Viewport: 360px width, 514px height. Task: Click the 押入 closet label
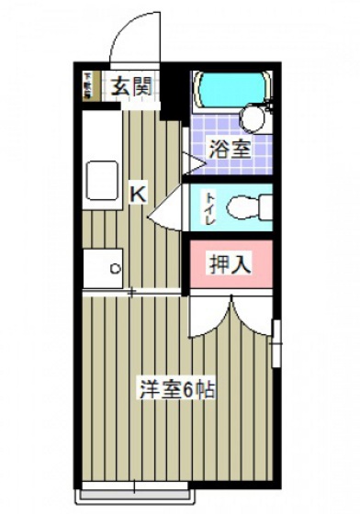[230, 265]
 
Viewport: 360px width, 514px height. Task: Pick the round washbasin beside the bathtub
[250, 117]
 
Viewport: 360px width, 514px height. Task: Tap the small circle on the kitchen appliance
[116, 269]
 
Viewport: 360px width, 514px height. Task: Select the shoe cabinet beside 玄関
[89, 85]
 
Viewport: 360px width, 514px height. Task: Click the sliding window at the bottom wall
[138, 485]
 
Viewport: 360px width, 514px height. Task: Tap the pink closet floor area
[230, 280]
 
